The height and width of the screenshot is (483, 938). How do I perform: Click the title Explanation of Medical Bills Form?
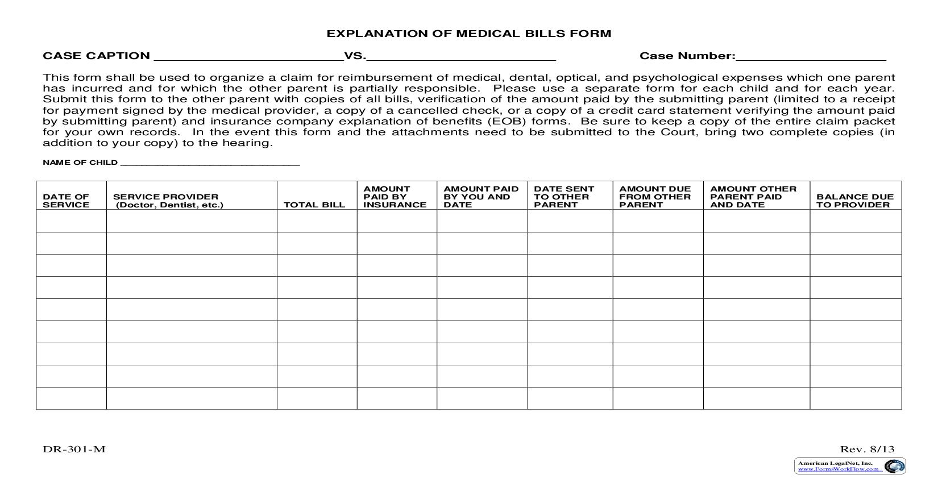click(x=468, y=34)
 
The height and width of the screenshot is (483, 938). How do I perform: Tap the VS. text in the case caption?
click(x=355, y=56)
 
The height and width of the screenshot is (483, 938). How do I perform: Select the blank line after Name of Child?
click(x=210, y=163)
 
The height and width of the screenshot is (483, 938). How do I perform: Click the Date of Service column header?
click(x=66, y=201)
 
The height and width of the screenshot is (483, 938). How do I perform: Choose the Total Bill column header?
click(x=314, y=205)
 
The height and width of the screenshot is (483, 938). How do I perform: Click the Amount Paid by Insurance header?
click(x=395, y=197)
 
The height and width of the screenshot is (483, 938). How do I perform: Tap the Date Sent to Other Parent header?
click(x=564, y=197)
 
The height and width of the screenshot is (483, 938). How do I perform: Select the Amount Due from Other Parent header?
click(x=655, y=197)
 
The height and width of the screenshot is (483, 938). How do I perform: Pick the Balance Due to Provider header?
click(x=854, y=201)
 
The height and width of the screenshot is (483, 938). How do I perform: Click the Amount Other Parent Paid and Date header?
click(x=753, y=197)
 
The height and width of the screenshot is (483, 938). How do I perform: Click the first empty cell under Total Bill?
click(x=317, y=220)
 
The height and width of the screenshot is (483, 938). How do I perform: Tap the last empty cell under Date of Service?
click(x=71, y=398)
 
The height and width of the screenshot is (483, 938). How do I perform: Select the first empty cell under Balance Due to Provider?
click(x=855, y=220)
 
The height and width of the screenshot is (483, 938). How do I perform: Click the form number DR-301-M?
click(x=74, y=449)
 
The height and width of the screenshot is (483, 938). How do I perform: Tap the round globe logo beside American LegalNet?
click(x=894, y=467)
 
